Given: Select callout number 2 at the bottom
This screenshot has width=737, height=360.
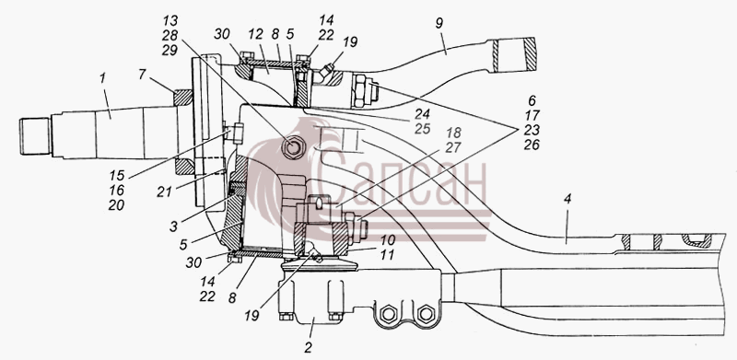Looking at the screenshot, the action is (x=309, y=347).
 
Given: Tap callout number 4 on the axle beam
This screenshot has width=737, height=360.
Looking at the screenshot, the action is (x=567, y=199).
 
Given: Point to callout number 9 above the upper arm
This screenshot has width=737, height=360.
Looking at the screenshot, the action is (x=439, y=24).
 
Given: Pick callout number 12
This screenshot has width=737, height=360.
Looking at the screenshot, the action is (x=256, y=34).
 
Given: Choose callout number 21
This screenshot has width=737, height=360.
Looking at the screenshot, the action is (x=164, y=192).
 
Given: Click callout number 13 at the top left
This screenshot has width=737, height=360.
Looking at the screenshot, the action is (x=170, y=20).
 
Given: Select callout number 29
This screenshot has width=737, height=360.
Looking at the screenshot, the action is (x=170, y=51).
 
